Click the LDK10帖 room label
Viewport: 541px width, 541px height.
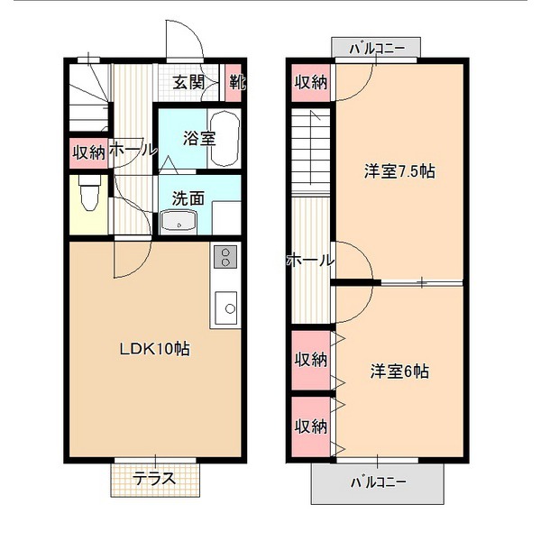(x=154, y=349)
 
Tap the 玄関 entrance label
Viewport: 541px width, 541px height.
(x=188, y=82)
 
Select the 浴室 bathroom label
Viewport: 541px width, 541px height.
(x=199, y=138)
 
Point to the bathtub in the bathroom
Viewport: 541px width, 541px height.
(x=225, y=138)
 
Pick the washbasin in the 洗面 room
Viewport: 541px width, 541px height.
(x=179, y=221)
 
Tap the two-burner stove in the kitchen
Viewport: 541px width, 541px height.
(x=225, y=257)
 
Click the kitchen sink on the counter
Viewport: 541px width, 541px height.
(x=226, y=307)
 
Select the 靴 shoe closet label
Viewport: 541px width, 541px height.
(x=237, y=82)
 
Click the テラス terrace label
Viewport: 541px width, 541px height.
(x=154, y=479)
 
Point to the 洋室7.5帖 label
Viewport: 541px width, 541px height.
(x=399, y=171)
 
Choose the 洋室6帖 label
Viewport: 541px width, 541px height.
(x=399, y=371)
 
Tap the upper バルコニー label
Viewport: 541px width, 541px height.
(x=377, y=49)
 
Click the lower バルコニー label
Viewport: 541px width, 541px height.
(x=378, y=482)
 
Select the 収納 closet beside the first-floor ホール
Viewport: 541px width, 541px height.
(x=88, y=152)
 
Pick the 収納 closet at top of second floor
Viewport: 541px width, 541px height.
(x=311, y=82)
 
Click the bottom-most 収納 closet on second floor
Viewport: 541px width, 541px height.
(x=311, y=426)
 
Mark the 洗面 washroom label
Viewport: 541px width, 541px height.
(x=188, y=198)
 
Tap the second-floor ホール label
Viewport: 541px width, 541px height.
(x=310, y=261)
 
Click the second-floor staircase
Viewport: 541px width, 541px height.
(x=311, y=151)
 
